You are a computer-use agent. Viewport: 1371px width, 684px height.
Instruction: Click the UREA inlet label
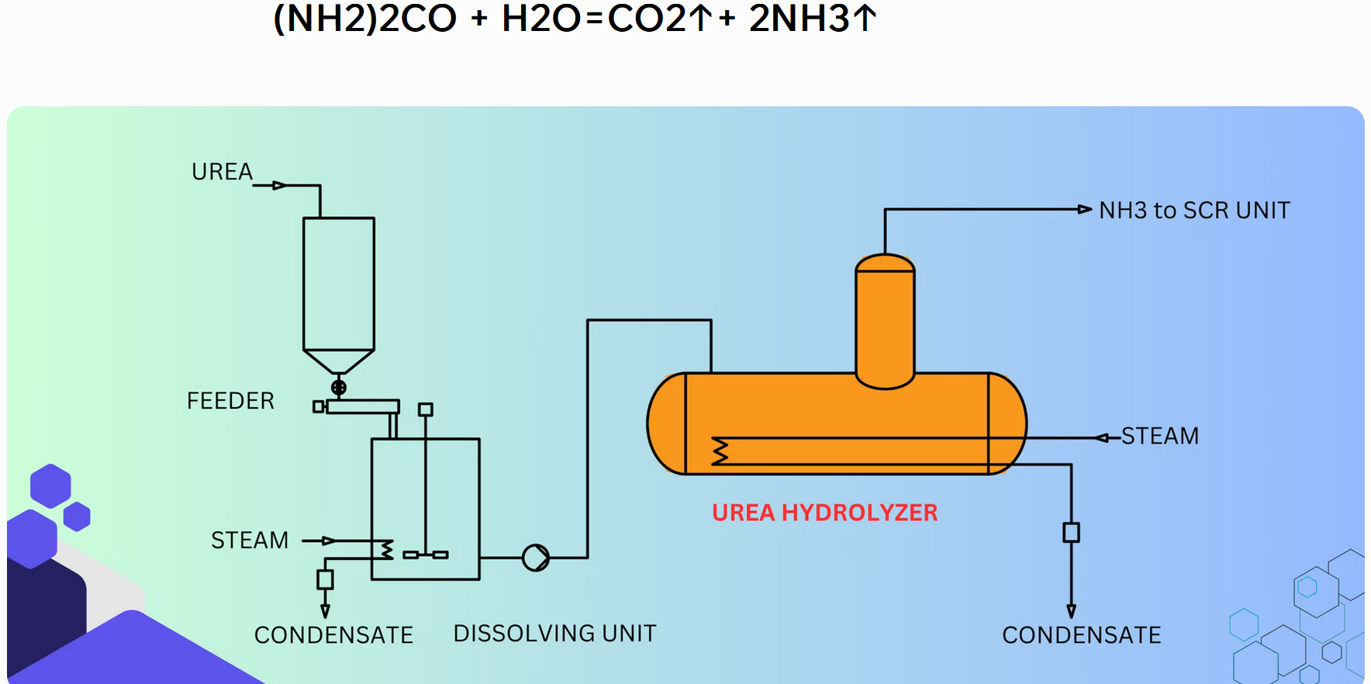pos(222,171)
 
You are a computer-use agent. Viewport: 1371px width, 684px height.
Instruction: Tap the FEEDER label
pos(230,401)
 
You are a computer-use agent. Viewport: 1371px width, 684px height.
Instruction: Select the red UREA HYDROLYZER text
pos(824,513)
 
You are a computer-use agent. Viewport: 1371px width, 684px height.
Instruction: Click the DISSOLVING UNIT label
pos(554,634)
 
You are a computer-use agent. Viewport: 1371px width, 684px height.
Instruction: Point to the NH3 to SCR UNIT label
pos(1194,210)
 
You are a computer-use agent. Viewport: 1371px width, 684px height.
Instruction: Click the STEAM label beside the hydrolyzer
pos(1159,436)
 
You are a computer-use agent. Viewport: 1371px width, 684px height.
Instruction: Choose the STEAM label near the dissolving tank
pos(250,540)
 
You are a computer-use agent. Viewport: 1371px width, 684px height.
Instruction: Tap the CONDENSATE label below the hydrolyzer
pos(1081,635)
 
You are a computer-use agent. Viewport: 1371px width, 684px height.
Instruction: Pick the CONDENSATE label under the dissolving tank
pos(333,635)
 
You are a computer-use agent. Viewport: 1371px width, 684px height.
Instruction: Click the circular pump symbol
pos(536,558)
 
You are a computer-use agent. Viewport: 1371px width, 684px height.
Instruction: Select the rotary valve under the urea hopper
pos(339,387)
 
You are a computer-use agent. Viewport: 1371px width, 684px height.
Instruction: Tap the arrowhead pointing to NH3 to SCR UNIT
pos(1085,209)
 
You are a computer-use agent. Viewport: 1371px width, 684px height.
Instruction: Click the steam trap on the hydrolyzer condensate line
pos(1071,533)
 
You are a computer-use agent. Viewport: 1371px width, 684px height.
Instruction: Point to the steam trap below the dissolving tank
pos(325,579)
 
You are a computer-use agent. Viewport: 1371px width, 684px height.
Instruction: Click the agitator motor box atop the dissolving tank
pos(425,409)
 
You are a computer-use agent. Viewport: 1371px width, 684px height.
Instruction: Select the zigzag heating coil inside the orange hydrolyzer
pos(720,451)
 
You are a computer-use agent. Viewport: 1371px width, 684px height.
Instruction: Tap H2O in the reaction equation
pos(540,19)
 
